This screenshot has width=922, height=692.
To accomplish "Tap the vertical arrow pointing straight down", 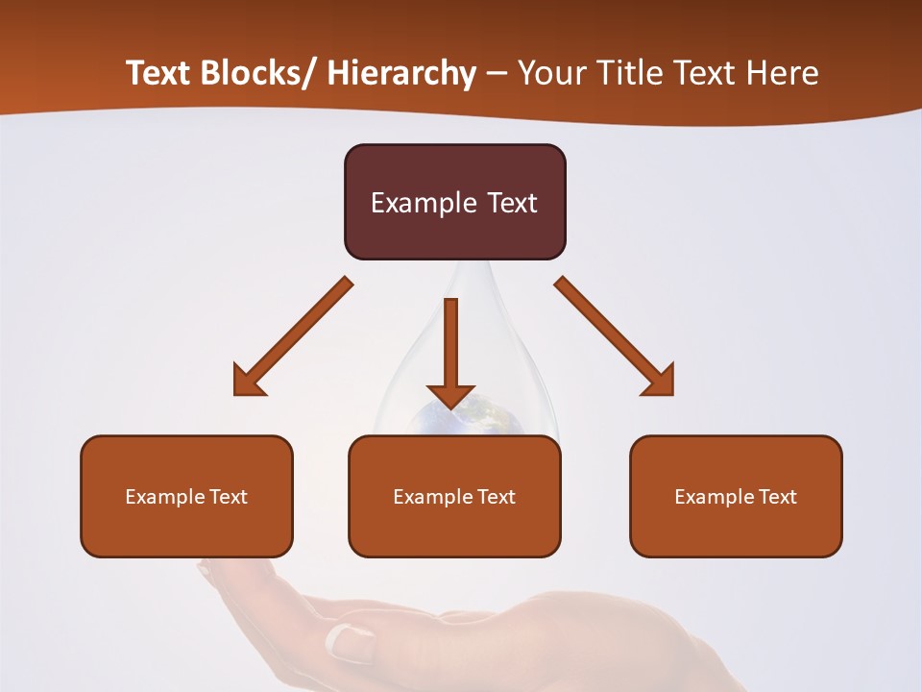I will click(450, 352).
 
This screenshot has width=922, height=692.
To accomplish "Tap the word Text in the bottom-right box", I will click(776, 497).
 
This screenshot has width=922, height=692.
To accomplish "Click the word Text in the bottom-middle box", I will click(496, 497).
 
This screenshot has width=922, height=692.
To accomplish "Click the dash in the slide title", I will click(496, 74).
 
